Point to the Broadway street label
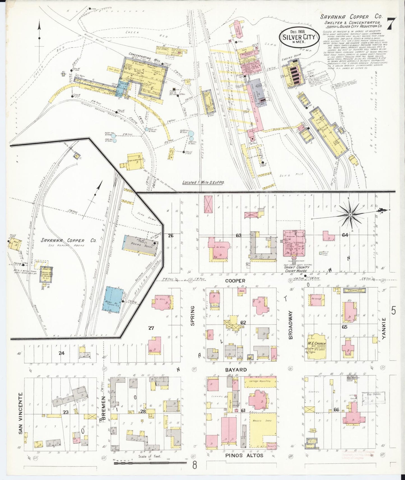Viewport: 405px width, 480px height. (291, 325)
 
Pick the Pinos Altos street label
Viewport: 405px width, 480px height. (244, 455)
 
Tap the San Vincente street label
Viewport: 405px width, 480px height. (20, 417)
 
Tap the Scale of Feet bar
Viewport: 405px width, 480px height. (150, 463)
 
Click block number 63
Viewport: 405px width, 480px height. (239, 235)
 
